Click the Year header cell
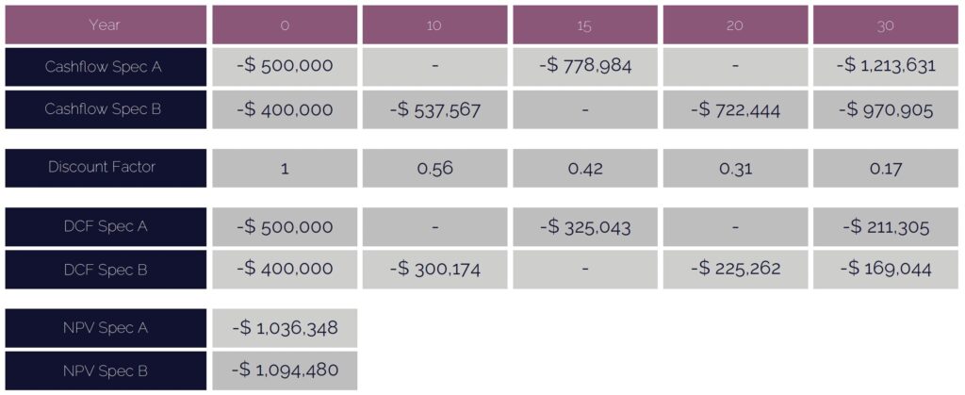(x=105, y=25)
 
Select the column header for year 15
(x=584, y=25)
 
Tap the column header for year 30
(x=885, y=25)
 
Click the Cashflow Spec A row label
(x=105, y=66)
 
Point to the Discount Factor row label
(x=105, y=168)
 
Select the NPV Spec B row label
(x=105, y=371)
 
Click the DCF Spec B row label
(x=105, y=269)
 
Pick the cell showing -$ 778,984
(x=584, y=66)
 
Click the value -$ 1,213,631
(x=885, y=66)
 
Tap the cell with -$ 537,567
(x=434, y=109)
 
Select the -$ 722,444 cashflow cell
(x=735, y=109)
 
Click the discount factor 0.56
(x=434, y=168)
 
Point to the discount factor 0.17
(x=885, y=168)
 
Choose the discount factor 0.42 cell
(x=584, y=168)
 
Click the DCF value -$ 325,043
(x=584, y=226)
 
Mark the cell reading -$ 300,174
(x=434, y=269)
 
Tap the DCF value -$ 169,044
(x=885, y=269)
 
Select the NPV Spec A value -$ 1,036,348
(x=285, y=328)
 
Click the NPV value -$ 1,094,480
(x=285, y=371)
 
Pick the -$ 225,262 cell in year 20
(x=735, y=269)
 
